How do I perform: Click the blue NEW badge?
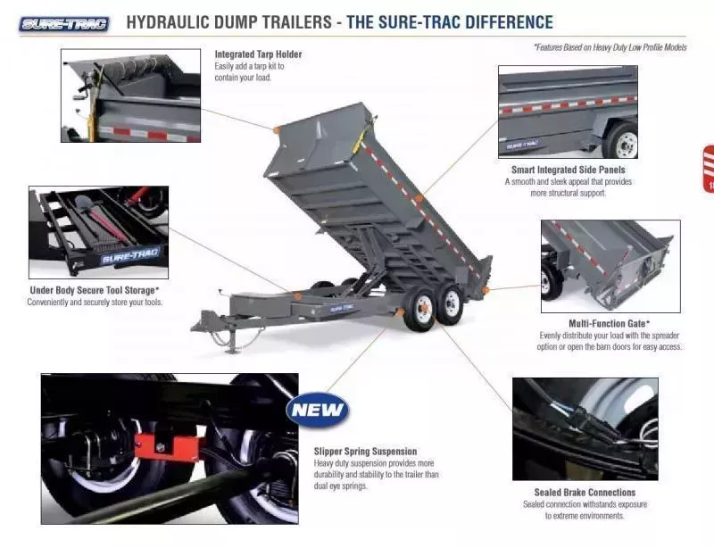[318, 411]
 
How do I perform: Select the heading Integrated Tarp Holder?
[258, 54]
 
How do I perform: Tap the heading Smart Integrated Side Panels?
[568, 170]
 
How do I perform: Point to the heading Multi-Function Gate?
[609, 323]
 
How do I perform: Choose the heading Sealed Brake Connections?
[585, 492]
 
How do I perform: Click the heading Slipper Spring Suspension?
[365, 451]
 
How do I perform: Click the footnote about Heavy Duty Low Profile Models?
[610, 47]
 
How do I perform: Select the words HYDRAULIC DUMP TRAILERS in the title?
[228, 22]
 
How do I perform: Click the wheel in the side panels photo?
[622, 143]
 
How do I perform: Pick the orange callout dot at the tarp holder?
[277, 130]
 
